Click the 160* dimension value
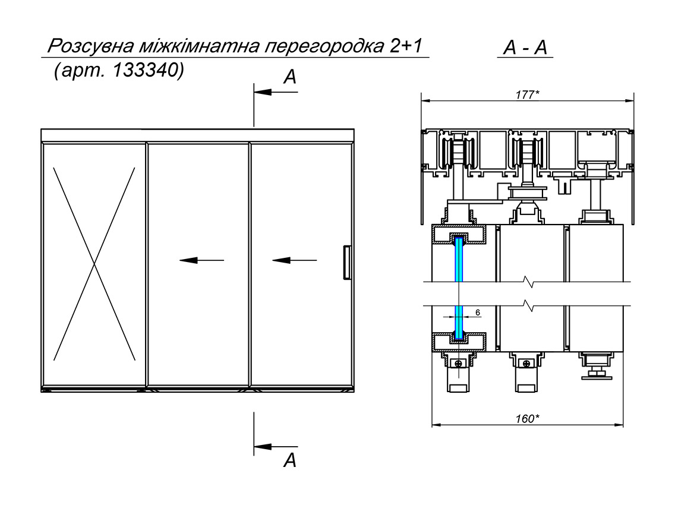527,418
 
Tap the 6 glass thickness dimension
478,312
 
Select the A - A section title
524,49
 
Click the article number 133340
147,70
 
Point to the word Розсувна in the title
89,47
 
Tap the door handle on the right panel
346,262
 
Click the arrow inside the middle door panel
201,260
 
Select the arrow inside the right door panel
295,260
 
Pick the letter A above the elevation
289,77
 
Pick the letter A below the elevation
289,460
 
